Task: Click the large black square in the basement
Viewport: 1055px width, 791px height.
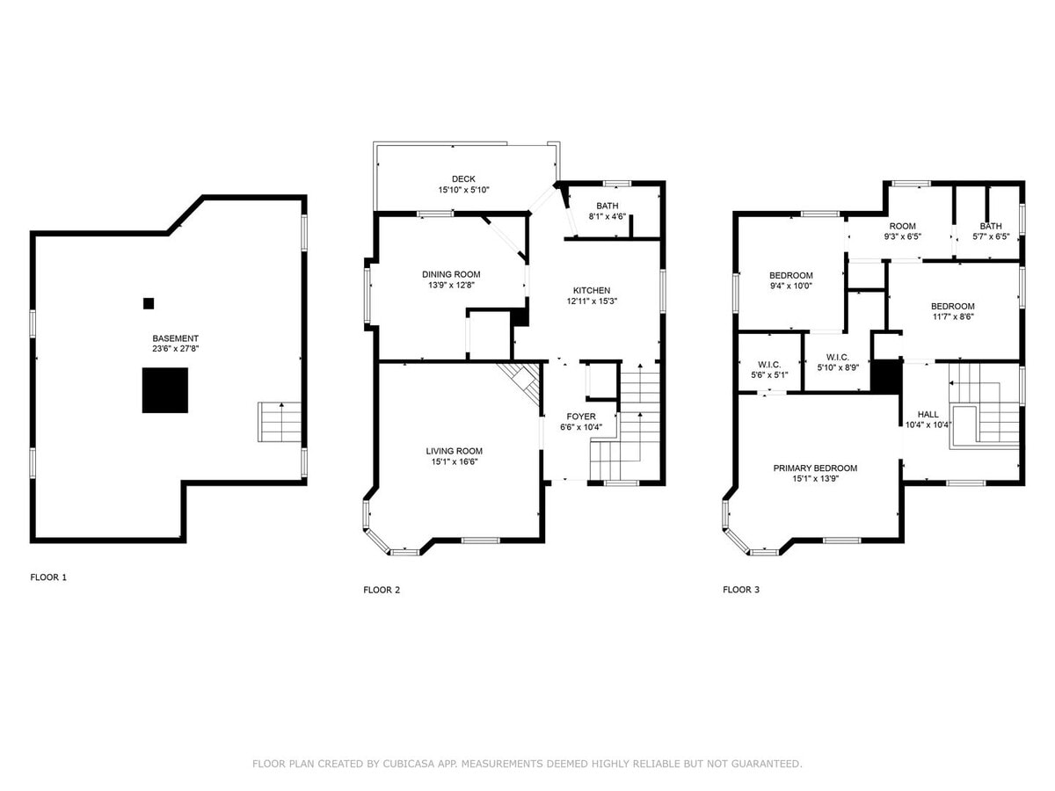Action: click(165, 390)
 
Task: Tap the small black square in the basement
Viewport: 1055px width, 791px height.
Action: click(149, 303)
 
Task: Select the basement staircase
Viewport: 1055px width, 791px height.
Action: click(280, 422)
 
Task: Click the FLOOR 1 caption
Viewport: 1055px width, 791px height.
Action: click(48, 577)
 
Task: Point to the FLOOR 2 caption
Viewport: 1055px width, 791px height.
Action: click(382, 590)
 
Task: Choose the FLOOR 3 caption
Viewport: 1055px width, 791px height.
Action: click(741, 589)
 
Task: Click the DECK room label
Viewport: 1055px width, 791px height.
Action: click(463, 179)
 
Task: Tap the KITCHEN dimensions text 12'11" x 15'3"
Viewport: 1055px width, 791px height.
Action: click(592, 301)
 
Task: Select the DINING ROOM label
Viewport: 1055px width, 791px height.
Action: click(451, 274)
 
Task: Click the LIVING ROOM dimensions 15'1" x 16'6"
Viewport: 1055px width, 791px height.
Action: click(455, 461)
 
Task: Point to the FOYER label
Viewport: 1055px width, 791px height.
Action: click(581, 417)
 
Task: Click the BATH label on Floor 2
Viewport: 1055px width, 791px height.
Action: click(607, 206)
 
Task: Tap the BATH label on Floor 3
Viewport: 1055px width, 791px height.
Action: click(991, 226)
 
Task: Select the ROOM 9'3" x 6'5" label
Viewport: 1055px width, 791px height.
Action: click(902, 226)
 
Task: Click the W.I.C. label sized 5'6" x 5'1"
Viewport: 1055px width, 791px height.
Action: click(769, 365)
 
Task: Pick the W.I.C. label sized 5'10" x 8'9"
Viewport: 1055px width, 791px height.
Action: click(838, 357)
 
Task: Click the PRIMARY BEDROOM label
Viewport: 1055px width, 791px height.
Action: click(815, 468)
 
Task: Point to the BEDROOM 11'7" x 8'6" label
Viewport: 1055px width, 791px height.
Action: click(953, 306)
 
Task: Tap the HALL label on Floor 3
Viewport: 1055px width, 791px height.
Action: click(928, 414)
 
